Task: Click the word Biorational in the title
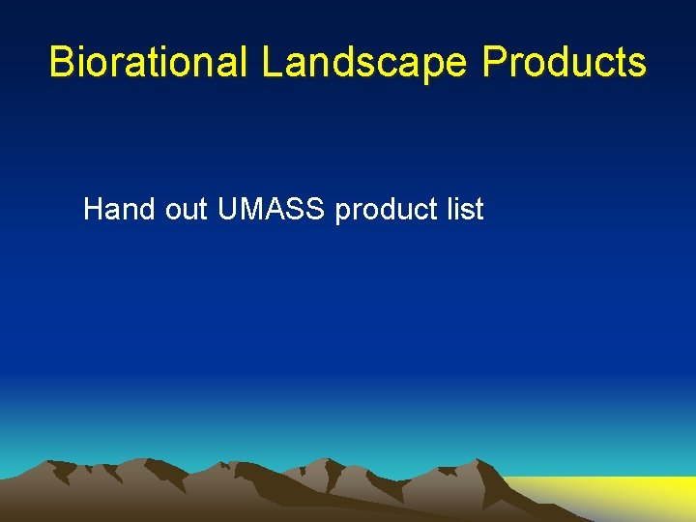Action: [150, 62]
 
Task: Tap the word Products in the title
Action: [565, 62]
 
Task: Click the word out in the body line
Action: [187, 209]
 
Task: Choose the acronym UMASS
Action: [273, 209]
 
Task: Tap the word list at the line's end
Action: [466, 209]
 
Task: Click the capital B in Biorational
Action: [62, 62]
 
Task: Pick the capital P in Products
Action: [494, 62]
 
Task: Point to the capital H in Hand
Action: [94, 209]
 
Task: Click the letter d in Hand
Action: [149, 209]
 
